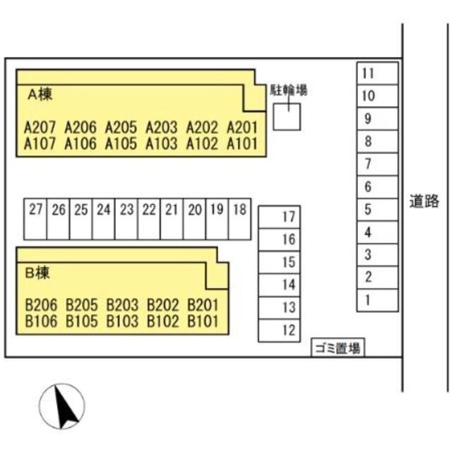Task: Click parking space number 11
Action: click(377, 73)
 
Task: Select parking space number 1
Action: click(377, 300)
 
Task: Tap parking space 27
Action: click(35, 219)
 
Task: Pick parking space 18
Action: click(240, 219)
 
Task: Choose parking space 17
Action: click(280, 217)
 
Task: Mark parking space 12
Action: click(280, 331)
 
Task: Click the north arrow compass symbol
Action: click(62, 406)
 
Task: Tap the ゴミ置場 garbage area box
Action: click(338, 347)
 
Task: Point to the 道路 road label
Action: click(424, 201)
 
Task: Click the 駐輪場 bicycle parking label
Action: click(289, 90)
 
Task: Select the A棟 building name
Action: click(40, 94)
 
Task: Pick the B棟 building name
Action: click(37, 273)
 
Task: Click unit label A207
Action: click(40, 127)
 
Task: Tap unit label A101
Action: click(242, 143)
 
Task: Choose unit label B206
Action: click(41, 305)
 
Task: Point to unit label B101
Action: click(203, 321)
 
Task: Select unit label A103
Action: click(162, 143)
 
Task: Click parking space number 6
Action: click(377, 186)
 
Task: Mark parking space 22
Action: click(149, 219)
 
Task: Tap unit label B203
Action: click(122, 305)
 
